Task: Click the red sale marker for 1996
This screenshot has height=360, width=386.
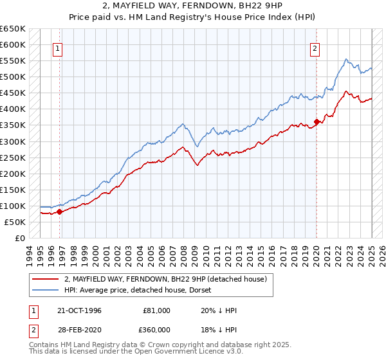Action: pos(59,211)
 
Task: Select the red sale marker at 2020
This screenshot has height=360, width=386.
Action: pos(317,122)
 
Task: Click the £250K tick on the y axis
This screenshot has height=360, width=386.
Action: pos(12,157)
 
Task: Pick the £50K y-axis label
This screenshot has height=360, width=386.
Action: pos(15,222)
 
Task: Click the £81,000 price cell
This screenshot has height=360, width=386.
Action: pos(157,310)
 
